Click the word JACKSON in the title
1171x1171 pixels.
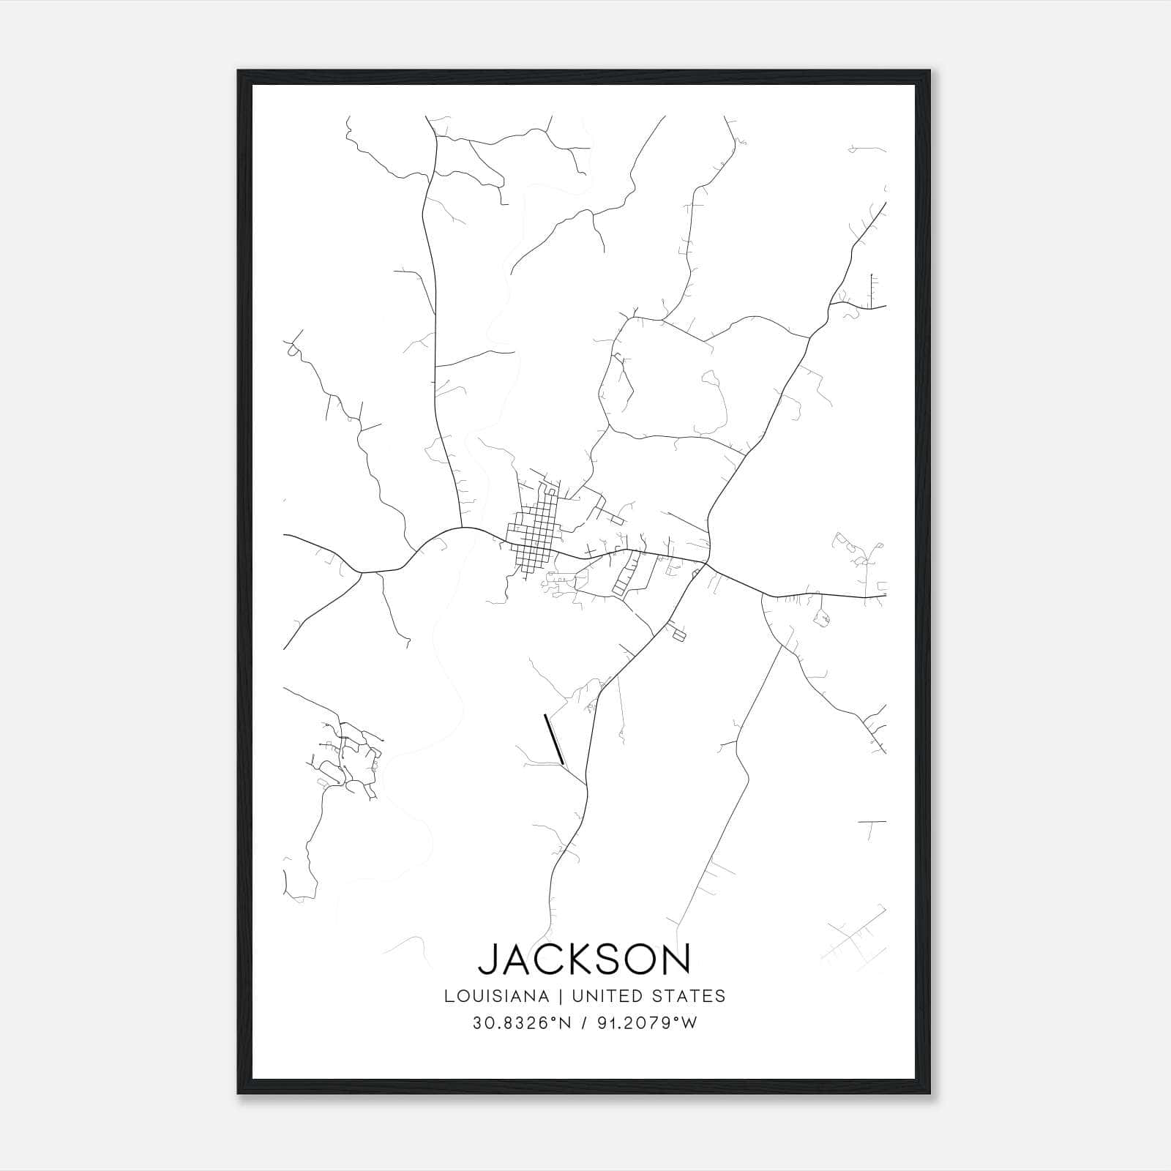pos(584,959)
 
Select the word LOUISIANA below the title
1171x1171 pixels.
pos(496,996)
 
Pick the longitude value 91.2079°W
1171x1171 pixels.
pos(646,1023)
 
